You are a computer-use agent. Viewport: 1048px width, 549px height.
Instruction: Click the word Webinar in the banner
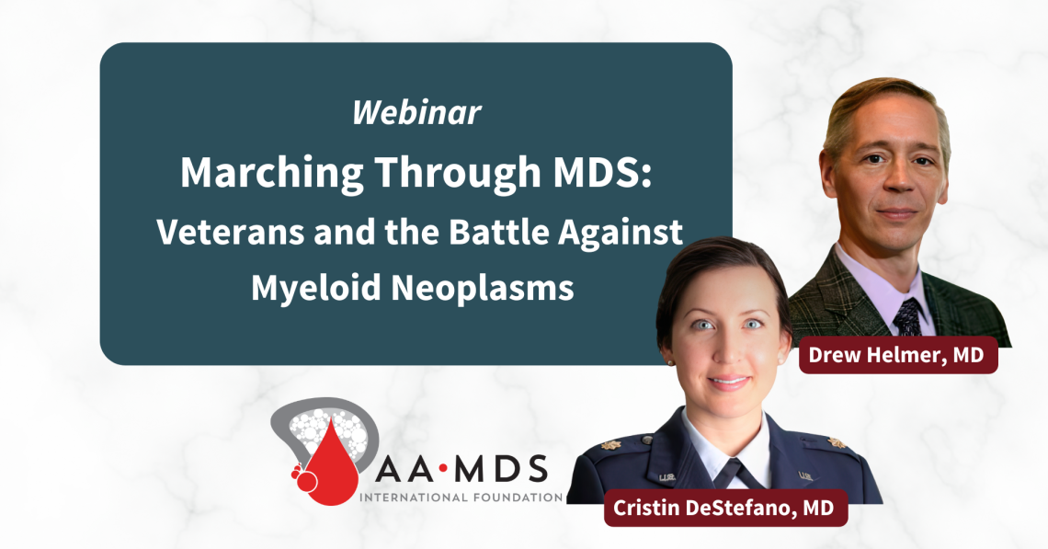(x=416, y=112)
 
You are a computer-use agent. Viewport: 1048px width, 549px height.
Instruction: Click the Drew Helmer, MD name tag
(x=898, y=354)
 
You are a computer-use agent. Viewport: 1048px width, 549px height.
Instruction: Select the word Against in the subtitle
(x=626, y=232)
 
